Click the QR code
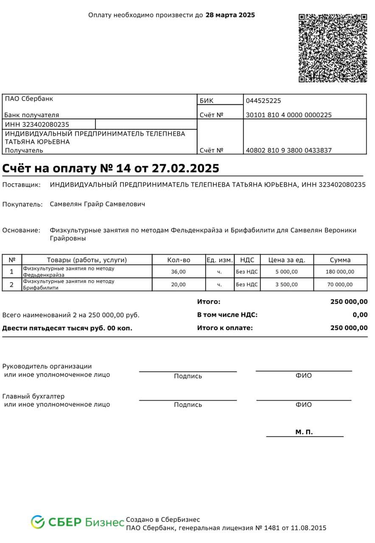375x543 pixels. point(333,48)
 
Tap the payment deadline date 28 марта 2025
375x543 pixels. point(230,15)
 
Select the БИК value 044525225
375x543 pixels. point(263,101)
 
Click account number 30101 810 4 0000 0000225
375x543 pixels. point(289,115)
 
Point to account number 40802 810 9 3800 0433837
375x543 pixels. point(289,151)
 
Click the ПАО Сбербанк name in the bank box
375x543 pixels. point(29,99)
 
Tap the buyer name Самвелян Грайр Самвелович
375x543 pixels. point(98,204)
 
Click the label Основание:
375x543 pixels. point(21,230)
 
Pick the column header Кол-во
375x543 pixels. point(179,260)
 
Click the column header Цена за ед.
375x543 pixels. point(287,260)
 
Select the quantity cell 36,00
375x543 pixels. point(179,271)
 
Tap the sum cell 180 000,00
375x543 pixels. point(340,271)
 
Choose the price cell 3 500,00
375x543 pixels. point(287,284)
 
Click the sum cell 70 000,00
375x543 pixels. point(340,284)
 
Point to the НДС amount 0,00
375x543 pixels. point(360,315)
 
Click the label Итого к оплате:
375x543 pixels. point(225,328)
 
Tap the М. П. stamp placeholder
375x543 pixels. point(304,432)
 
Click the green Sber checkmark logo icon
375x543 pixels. point(37,522)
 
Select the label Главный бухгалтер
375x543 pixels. point(34,396)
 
